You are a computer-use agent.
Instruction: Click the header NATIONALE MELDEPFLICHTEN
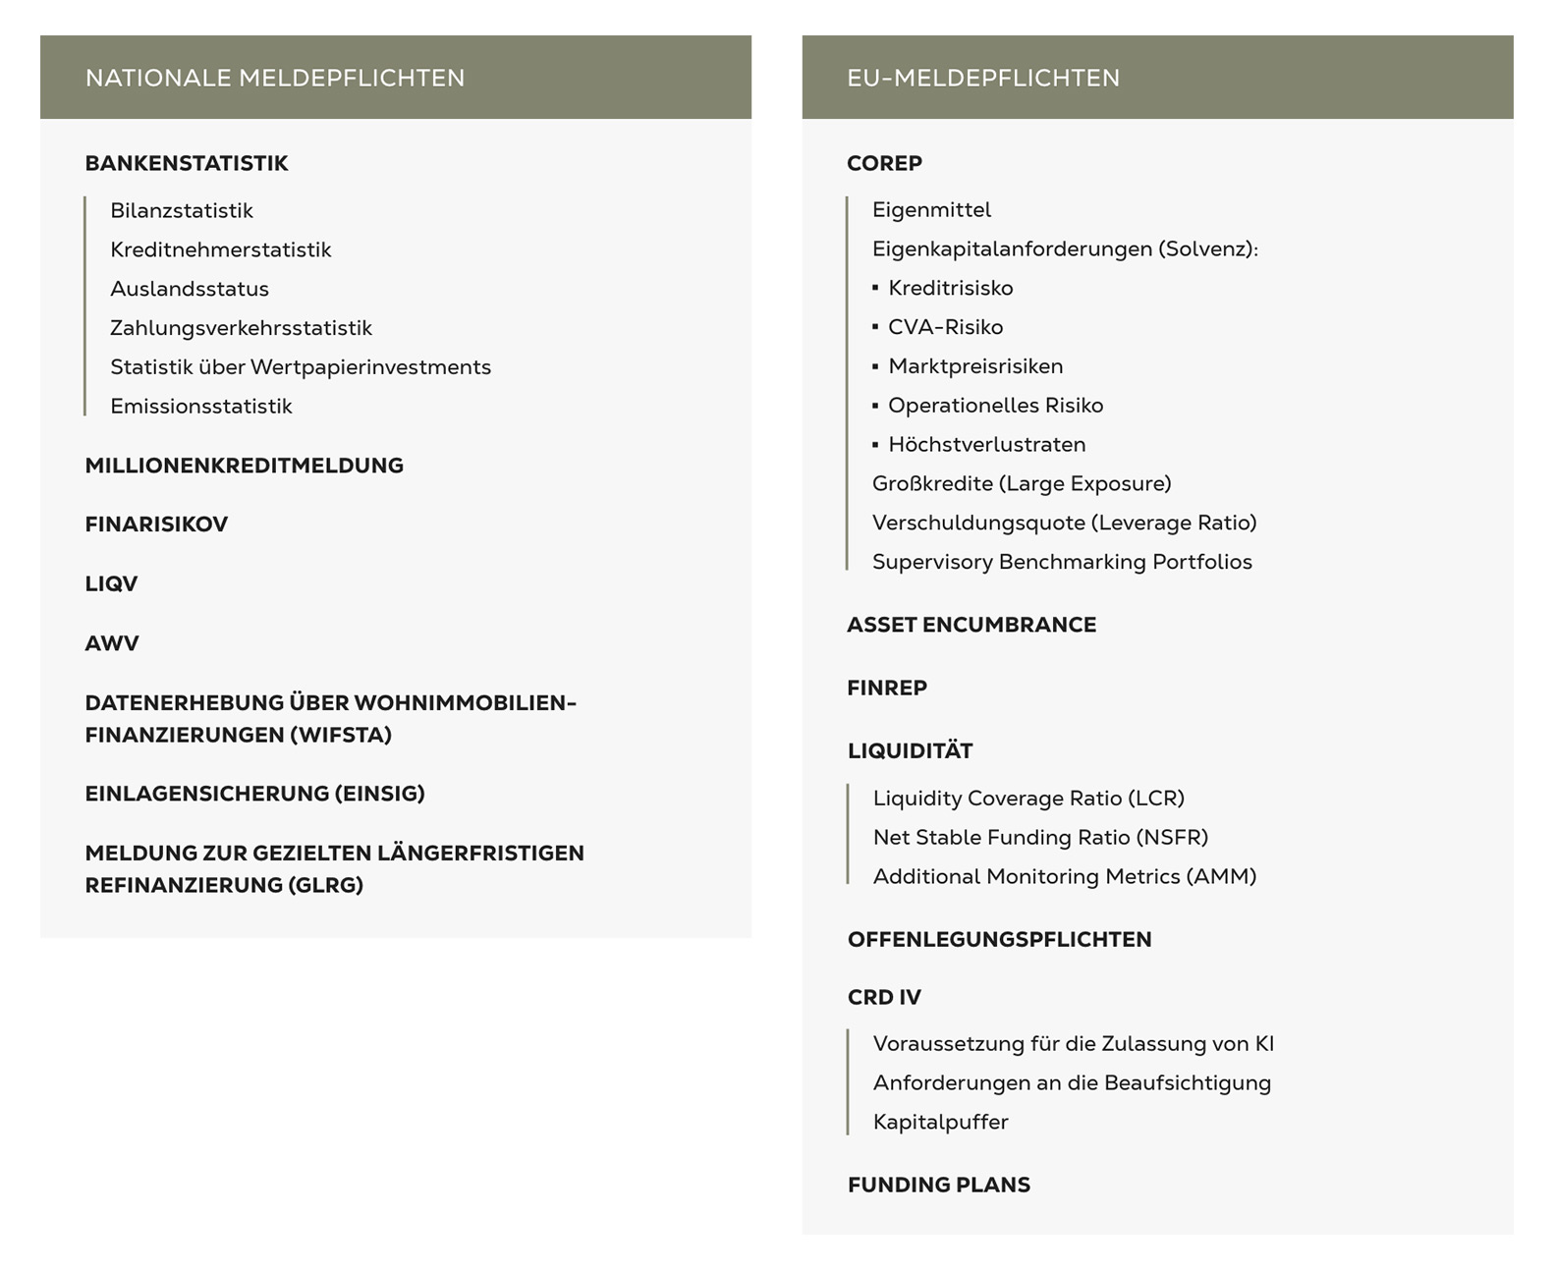click(275, 78)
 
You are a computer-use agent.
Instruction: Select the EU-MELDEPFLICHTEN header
click(983, 78)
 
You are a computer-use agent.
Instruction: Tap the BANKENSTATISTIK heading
click(187, 163)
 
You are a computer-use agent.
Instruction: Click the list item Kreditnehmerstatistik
click(221, 249)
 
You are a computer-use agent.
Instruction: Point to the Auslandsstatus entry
click(190, 289)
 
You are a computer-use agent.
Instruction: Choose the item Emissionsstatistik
click(201, 406)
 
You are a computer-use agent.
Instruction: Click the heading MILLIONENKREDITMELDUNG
click(245, 466)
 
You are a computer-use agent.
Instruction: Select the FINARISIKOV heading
click(156, 525)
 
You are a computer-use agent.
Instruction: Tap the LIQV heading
click(111, 583)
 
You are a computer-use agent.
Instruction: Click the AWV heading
click(112, 643)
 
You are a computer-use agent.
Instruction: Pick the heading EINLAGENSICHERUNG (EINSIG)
click(255, 794)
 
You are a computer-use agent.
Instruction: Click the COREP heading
click(884, 163)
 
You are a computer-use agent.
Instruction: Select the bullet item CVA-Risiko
click(945, 327)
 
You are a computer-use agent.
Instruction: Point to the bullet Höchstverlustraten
click(986, 444)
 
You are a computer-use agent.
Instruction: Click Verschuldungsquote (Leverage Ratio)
click(1064, 523)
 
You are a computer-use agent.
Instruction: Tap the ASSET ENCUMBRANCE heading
click(971, 625)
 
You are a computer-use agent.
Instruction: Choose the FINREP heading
click(887, 688)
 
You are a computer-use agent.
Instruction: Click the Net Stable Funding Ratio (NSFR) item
click(1040, 837)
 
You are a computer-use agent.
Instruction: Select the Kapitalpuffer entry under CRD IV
click(940, 1122)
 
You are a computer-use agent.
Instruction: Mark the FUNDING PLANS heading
click(939, 1185)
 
